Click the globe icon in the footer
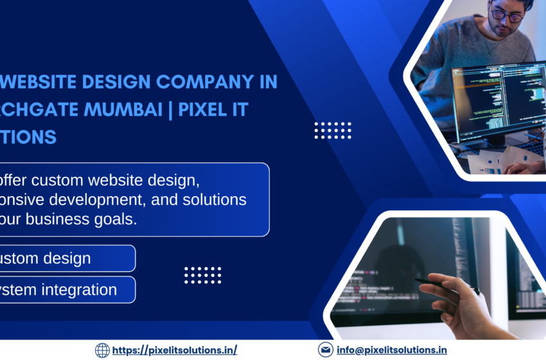(x=102, y=350)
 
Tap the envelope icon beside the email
(x=325, y=350)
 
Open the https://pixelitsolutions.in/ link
(x=174, y=350)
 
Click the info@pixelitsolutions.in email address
(x=391, y=350)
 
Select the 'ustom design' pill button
(x=64, y=258)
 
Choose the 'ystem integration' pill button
(x=64, y=290)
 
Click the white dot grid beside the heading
(x=332, y=130)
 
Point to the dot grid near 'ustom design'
(x=202, y=275)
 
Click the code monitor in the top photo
(x=495, y=103)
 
